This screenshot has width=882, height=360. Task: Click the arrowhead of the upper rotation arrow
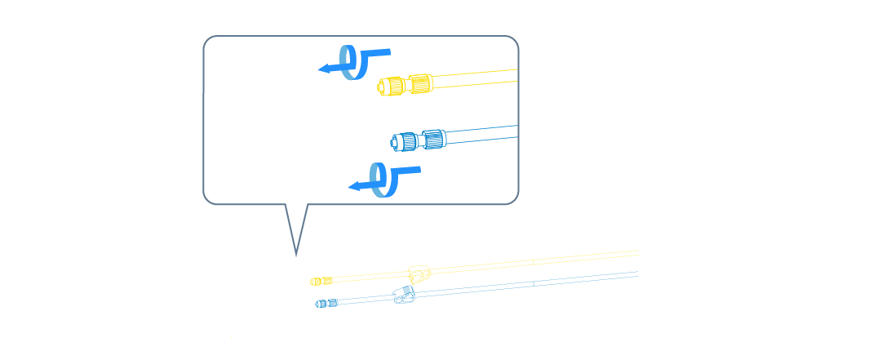click(322, 69)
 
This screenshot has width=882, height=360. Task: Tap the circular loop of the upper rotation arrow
click(352, 63)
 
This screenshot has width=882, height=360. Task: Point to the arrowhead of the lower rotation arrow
click(353, 186)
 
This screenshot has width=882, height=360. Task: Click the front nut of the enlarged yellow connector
click(391, 85)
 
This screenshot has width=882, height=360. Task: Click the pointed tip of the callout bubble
click(295, 254)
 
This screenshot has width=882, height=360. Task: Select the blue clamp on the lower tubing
click(405, 295)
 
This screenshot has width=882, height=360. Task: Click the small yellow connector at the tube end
click(320, 281)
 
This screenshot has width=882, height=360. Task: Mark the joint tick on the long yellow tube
click(531, 261)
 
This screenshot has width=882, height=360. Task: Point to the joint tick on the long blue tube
click(532, 283)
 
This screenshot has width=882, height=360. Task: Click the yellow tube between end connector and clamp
click(367, 277)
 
